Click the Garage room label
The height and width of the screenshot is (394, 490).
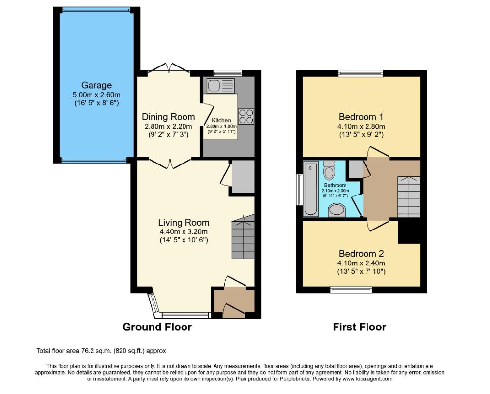pos(96,85)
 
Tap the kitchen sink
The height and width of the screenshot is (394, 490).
pos(220,85)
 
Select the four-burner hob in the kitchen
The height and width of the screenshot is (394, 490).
pos(246,116)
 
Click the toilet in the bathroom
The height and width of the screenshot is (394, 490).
pos(329,169)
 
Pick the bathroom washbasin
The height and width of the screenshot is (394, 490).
pos(337,210)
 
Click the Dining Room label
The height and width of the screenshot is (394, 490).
pos(168,117)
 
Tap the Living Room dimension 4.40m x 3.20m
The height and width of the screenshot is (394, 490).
pos(184,232)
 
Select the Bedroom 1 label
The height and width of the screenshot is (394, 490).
pos(361,117)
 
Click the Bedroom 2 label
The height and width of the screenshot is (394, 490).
pos(361,253)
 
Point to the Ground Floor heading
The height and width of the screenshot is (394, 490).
pos(157,327)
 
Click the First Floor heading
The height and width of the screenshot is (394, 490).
pos(359,327)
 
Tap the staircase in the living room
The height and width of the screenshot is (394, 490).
pos(243,237)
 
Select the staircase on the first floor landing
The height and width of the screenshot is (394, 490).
pos(408,197)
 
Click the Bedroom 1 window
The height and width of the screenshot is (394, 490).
pos(361,73)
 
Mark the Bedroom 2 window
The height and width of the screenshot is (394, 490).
pos(351,290)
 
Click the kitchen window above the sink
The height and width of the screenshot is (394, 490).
pos(228,73)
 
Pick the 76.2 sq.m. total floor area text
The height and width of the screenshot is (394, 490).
pos(101,351)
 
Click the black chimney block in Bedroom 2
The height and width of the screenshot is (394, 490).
pos(409,231)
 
